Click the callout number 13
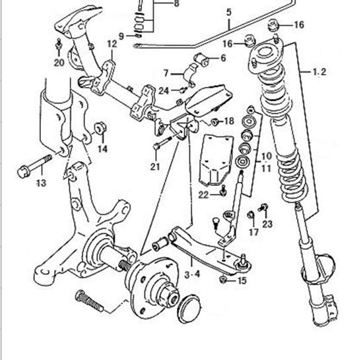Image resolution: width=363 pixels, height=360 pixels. [x=42, y=183]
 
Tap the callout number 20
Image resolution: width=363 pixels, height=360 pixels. [x=59, y=63]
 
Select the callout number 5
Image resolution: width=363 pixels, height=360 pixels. [x=229, y=12]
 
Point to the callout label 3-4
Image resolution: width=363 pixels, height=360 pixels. [x=192, y=274]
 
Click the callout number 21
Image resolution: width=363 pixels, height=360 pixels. [x=155, y=166]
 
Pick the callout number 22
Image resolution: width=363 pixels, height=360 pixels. [x=203, y=195]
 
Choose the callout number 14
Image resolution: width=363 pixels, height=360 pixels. [x=102, y=148]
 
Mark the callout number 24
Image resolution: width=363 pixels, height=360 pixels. [x=164, y=91]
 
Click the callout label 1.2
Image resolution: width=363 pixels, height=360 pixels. [x=319, y=72]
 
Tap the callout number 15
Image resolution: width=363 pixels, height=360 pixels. [x=242, y=281]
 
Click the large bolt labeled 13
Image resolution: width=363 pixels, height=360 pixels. [x=35, y=165]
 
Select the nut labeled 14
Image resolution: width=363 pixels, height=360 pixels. [x=100, y=128]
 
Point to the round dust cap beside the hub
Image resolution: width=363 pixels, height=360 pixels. [x=189, y=309]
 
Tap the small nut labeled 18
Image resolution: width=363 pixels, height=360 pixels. [x=214, y=121]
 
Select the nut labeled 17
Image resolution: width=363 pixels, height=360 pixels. [x=251, y=215]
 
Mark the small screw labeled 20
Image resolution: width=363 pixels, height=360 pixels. [x=59, y=44]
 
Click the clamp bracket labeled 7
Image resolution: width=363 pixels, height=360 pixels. [x=191, y=75]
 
